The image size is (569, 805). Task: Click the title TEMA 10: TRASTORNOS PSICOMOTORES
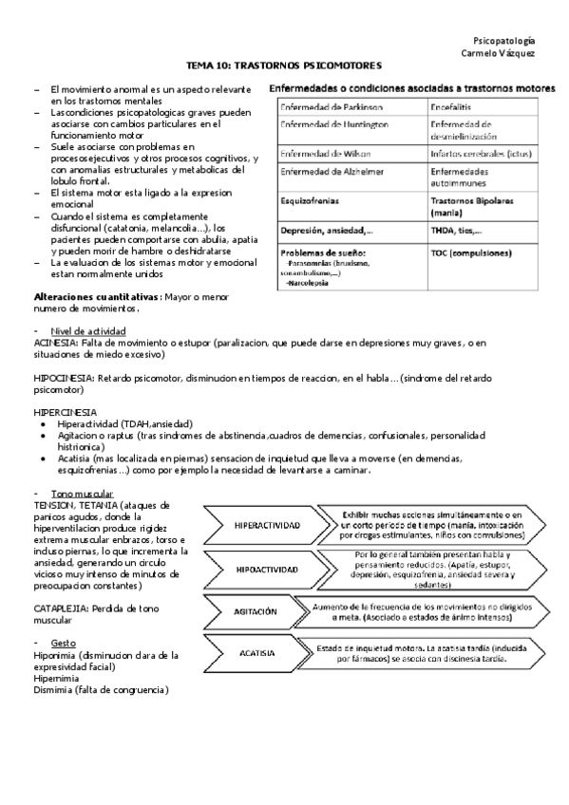[284, 66]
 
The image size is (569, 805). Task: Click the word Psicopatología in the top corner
[503, 41]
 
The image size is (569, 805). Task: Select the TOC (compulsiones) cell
[470, 253]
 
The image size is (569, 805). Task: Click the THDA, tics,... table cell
[456, 231]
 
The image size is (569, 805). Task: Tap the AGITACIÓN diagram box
[256, 611]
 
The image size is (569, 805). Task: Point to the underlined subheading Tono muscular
[83, 495]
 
